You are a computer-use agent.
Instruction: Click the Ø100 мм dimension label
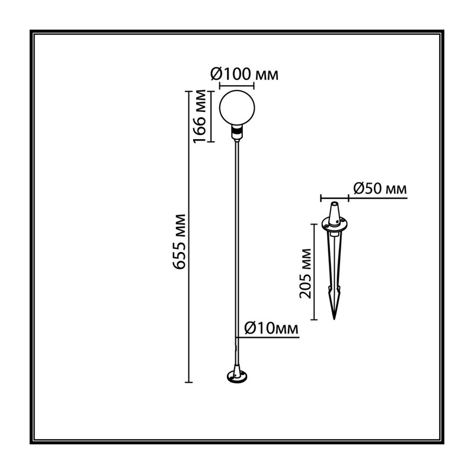(x=244, y=74)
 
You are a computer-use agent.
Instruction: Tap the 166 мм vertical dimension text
(x=200, y=116)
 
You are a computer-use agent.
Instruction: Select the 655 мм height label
(x=179, y=242)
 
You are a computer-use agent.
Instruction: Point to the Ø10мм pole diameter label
(x=271, y=328)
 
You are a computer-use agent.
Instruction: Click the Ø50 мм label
(x=380, y=188)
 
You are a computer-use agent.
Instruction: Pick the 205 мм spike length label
(x=305, y=273)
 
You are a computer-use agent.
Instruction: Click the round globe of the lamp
(x=237, y=107)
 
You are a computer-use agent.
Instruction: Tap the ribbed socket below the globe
(x=237, y=130)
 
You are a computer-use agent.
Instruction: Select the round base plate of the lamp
(x=236, y=376)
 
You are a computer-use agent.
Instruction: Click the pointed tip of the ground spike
(x=334, y=319)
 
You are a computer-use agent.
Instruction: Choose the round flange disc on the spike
(x=334, y=223)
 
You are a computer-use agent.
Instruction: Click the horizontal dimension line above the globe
(x=236, y=85)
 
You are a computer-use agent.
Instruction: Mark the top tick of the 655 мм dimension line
(x=188, y=91)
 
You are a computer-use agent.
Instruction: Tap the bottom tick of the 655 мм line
(x=188, y=382)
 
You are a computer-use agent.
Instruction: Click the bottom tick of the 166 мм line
(x=211, y=142)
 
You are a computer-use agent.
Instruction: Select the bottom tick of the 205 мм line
(x=314, y=319)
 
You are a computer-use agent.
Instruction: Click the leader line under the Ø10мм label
(x=268, y=337)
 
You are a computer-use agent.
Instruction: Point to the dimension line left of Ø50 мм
(x=335, y=198)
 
